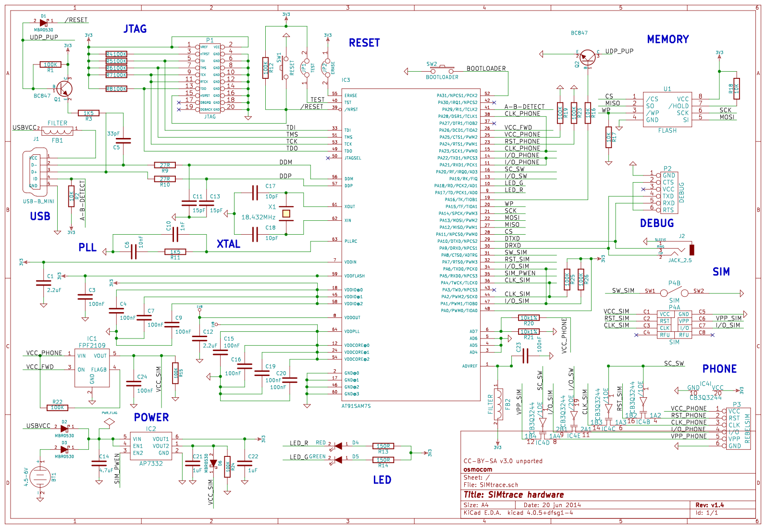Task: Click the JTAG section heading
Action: (x=135, y=29)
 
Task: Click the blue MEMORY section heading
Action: (x=667, y=39)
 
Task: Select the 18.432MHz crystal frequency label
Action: (x=258, y=217)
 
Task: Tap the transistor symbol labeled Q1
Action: (x=64, y=88)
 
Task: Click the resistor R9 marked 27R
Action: (x=165, y=165)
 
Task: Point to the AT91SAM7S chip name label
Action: (x=356, y=406)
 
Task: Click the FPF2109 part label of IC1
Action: (x=92, y=345)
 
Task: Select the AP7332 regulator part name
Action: (x=151, y=464)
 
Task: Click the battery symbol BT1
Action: (x=40, y=477)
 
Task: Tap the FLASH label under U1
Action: (x=667, y=130)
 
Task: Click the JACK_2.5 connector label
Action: (x=680, y=260)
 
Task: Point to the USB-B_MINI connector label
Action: (x=39, y=202)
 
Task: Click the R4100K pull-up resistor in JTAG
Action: (x=116, y=54)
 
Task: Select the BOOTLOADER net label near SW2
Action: (x=486, y=68)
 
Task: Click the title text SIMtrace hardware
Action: (x=513, y=495)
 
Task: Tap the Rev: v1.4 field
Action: (x=709, y=505)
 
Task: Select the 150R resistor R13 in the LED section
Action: (x=383, y=446)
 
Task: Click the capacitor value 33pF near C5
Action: (x=113, y=134)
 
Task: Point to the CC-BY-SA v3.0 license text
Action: (x=503, y=461)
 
